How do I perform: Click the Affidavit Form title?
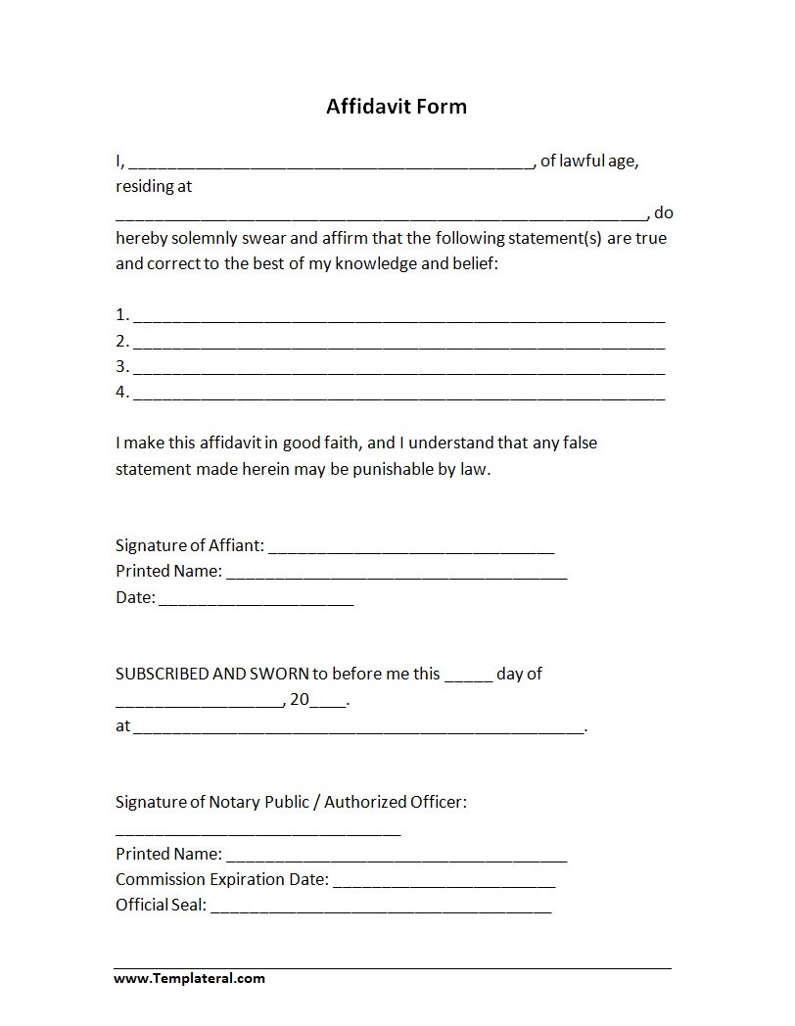397,107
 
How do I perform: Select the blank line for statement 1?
398,319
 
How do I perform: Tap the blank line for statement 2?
398,345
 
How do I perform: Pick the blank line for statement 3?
398,370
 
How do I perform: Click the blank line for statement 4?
398,396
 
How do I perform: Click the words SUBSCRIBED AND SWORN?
212,674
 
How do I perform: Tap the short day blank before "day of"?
468,677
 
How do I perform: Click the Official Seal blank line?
381,909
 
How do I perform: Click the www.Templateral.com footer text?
189,978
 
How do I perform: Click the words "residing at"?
154,187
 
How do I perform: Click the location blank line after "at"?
358,730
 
